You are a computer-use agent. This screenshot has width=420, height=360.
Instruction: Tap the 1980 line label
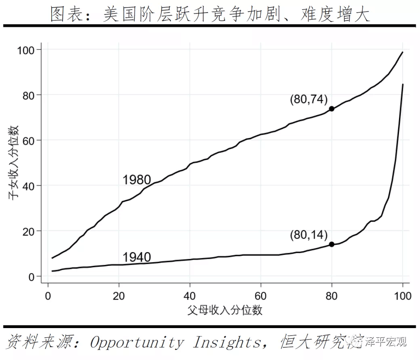tap(136, 180)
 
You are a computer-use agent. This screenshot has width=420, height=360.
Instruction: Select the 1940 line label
tap(136, 257)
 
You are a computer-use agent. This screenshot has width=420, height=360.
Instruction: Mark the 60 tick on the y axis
tap(30, 141)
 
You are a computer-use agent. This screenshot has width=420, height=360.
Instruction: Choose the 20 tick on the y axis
tap(30, 231)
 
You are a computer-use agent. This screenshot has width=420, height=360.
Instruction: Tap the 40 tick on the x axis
tap(190, 295)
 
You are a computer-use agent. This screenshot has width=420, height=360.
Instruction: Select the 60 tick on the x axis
tap(261, 295)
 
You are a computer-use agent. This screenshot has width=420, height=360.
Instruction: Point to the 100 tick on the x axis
tap(403, 295)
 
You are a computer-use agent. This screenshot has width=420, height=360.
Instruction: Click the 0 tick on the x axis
tap(48, 295)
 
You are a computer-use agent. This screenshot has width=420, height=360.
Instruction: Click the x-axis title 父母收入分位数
tap(225, 310)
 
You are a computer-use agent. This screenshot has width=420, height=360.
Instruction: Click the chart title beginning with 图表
tap(210, 15)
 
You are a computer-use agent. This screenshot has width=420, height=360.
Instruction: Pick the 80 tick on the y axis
tap(30, 95)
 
